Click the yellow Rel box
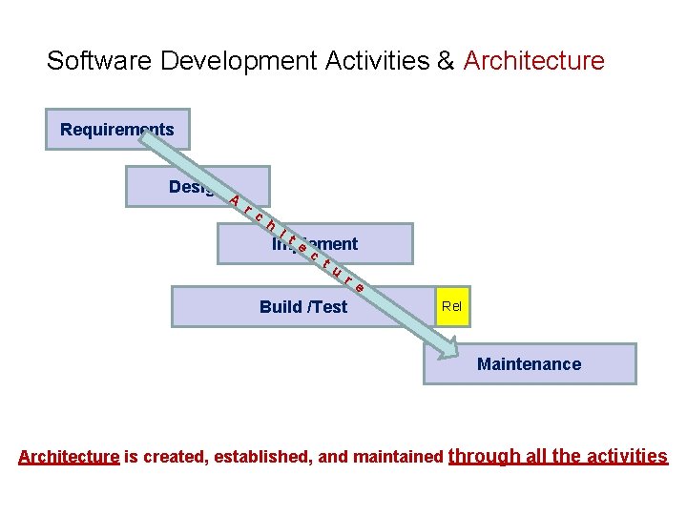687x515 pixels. [x=451, y=306]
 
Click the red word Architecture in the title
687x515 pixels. [x=533, y=61]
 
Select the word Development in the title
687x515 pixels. [x=239, y=61]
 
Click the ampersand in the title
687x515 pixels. [x=446, y=61]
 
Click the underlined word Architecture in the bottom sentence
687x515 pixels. [x=69, y=457]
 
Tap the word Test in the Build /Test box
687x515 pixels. [x=329, y=306]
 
